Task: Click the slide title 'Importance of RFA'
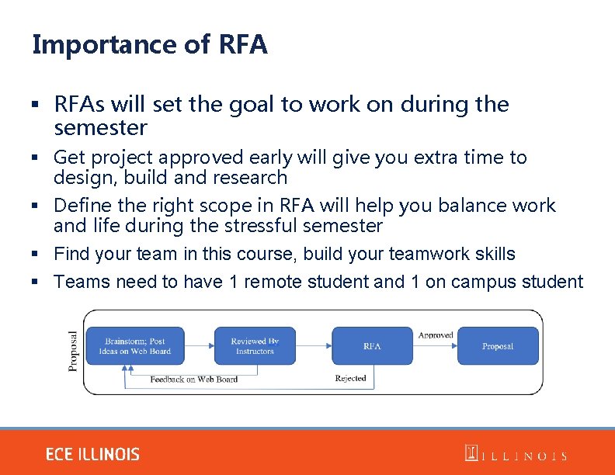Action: click(x=150, y=45)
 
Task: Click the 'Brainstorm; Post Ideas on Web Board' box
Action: click(x=136, y=346)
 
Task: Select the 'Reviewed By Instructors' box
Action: click(x=255, y=346)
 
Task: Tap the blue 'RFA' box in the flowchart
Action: click(x=373, y=346)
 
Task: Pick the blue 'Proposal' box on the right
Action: click(x=498, y=346)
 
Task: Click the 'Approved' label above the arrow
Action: click(x=436, y=335)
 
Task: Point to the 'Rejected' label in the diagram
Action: click(x=350, y=379)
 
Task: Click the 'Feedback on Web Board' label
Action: click(x=194, y=380)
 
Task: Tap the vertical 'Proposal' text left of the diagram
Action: click(x=74, y=351)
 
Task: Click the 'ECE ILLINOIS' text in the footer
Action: click(x=92, y=454)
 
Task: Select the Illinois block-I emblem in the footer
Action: click(x=471, y=453)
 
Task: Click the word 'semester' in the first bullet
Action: click(x=100, y=127)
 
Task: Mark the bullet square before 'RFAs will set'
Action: click(x=36, y=105)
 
